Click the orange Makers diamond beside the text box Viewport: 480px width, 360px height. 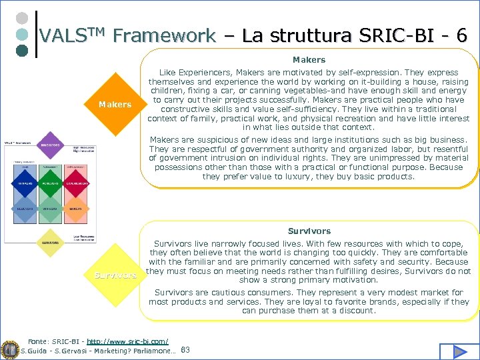(x=115, y=105)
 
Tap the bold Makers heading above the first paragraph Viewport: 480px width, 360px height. (x=309, y=60)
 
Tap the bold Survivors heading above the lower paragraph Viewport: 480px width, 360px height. (x=309, y=231)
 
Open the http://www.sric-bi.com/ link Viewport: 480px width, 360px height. (x=127, y=341)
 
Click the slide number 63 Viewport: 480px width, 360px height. (x=185, y=350)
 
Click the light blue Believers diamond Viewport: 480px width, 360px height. (x=24, y=208)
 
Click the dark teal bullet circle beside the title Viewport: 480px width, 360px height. (x=21, y=50)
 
